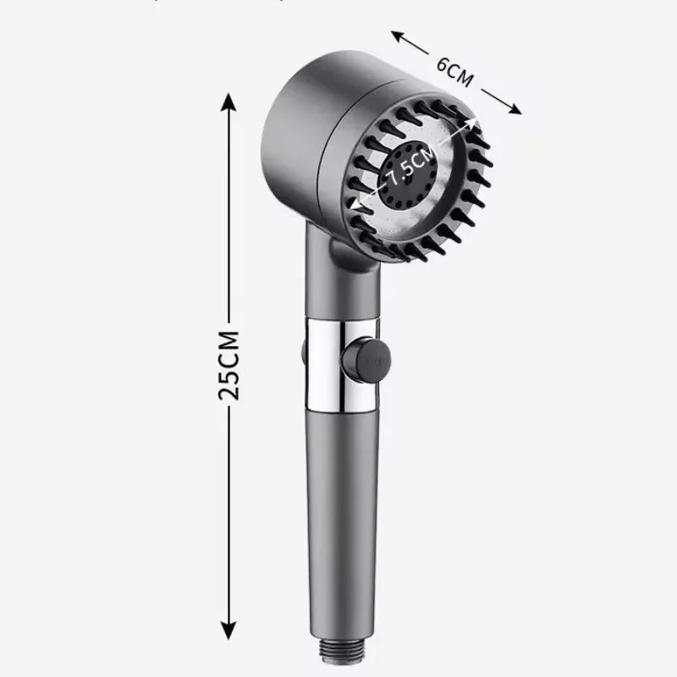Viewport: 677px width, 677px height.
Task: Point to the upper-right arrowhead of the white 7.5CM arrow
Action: (x=476, y=123)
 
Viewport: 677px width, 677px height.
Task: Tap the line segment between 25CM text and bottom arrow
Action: (x=228, y=508)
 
